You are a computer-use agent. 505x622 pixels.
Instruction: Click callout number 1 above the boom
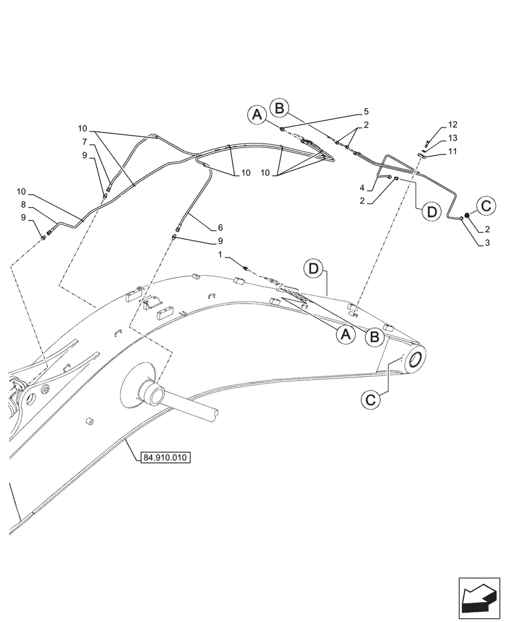(219, 255)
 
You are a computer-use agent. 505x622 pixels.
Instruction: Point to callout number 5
(366, 111)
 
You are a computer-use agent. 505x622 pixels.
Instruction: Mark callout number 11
(452, 151)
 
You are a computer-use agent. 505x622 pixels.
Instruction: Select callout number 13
(452, 138)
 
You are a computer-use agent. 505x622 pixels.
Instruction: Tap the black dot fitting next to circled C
(466, 215)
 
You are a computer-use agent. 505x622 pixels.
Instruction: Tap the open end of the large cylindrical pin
(212, 412)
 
